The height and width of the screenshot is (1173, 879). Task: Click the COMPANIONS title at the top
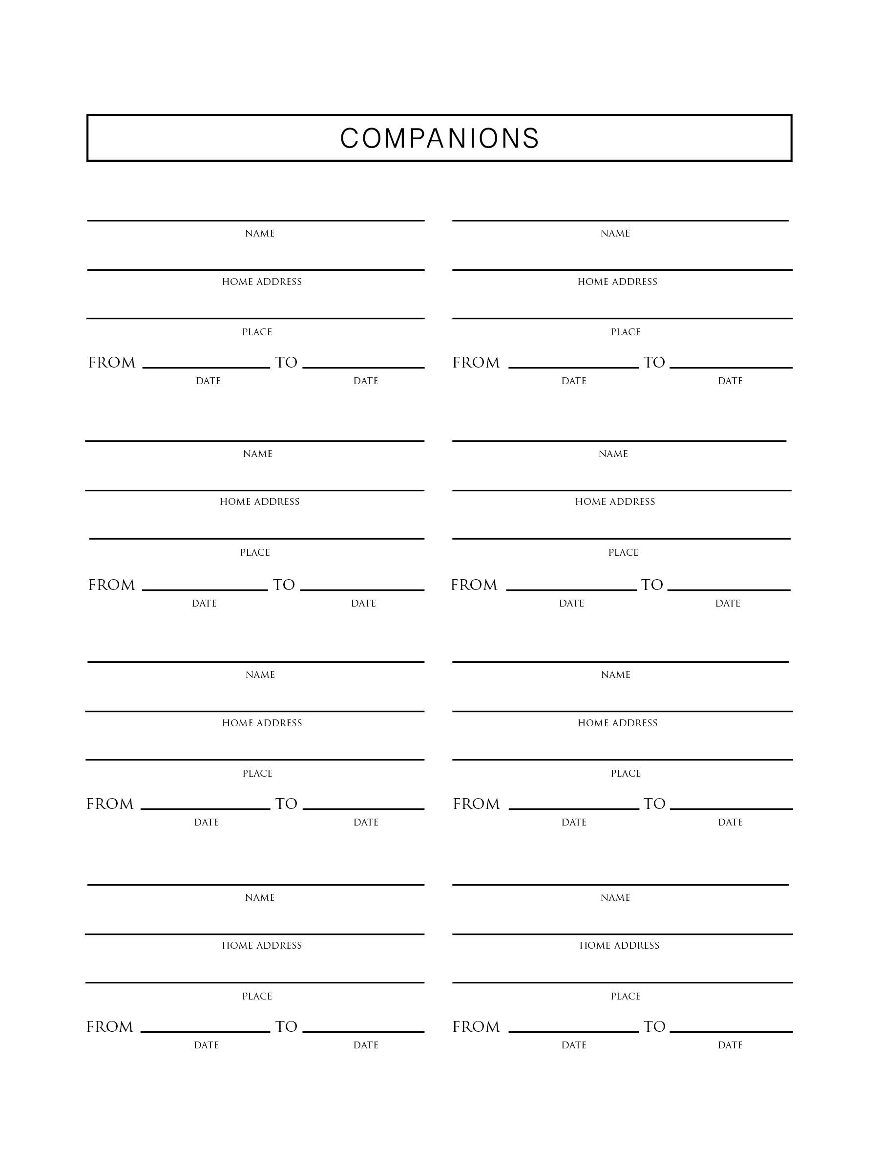click(x=439, y=138)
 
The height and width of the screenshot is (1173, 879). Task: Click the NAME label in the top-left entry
click(x=260, y=233)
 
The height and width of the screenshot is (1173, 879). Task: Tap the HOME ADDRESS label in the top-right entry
click(x=617, y=282)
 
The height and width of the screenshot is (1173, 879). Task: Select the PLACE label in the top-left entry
click(x=257, y=332)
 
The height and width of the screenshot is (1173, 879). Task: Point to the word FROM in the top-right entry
click(x=476, y=363)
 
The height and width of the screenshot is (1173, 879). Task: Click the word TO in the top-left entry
click(x=286, y=363)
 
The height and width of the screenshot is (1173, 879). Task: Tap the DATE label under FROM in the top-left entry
click(x=208, y=381)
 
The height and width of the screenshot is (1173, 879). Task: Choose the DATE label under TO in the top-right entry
click(x=730, y=381)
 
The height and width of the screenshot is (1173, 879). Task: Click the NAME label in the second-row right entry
click(x=613, y=454)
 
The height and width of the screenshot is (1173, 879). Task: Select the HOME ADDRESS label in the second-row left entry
click(x=260, y=501)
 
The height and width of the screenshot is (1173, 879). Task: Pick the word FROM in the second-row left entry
click(x=111, y=585)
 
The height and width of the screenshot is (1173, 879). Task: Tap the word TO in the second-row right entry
click(x=652, y=585)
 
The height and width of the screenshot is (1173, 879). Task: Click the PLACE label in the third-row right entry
click(x=626, y=774)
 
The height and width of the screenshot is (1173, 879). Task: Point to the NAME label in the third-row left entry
click(x=260, y=674)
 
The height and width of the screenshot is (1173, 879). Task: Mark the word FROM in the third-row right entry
click(x=476, y=804)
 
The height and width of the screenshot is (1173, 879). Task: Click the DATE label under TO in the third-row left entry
click(x=366, y=823)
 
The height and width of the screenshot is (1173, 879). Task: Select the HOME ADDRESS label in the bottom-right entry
click(x=619, y=946)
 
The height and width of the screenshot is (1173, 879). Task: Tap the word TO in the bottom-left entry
click(x=286, y=1027)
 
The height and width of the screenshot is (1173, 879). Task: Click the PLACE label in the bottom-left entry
click(x=257, y=997)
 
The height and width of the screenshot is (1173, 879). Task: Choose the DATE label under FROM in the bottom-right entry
click(x=574, y=1045)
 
